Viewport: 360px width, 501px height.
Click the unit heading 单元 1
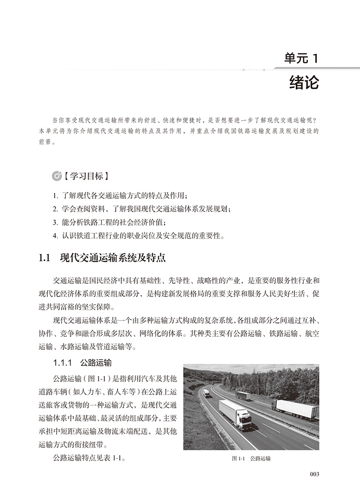click(303, 59)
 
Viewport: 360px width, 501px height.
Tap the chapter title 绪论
click(304, 84)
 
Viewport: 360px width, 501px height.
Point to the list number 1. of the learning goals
click(55, 196)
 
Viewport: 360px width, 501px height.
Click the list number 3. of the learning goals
click(55, 222)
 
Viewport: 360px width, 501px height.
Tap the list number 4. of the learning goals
click(55, 235)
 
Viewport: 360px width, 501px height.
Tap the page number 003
click(314, 474)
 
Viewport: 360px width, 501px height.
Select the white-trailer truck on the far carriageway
click(295, 409)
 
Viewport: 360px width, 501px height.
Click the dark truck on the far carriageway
click(243, 396)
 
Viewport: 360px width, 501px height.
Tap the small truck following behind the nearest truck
click(207, 393)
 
